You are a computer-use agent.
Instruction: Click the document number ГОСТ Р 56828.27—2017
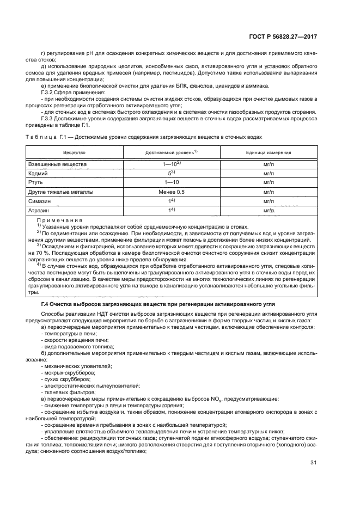[288, 36]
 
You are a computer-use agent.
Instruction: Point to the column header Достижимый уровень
[170, 152]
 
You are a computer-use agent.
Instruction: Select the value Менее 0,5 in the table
[171, 192]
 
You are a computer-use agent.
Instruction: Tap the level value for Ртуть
[171, 182]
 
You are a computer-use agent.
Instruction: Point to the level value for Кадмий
[171, 173]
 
